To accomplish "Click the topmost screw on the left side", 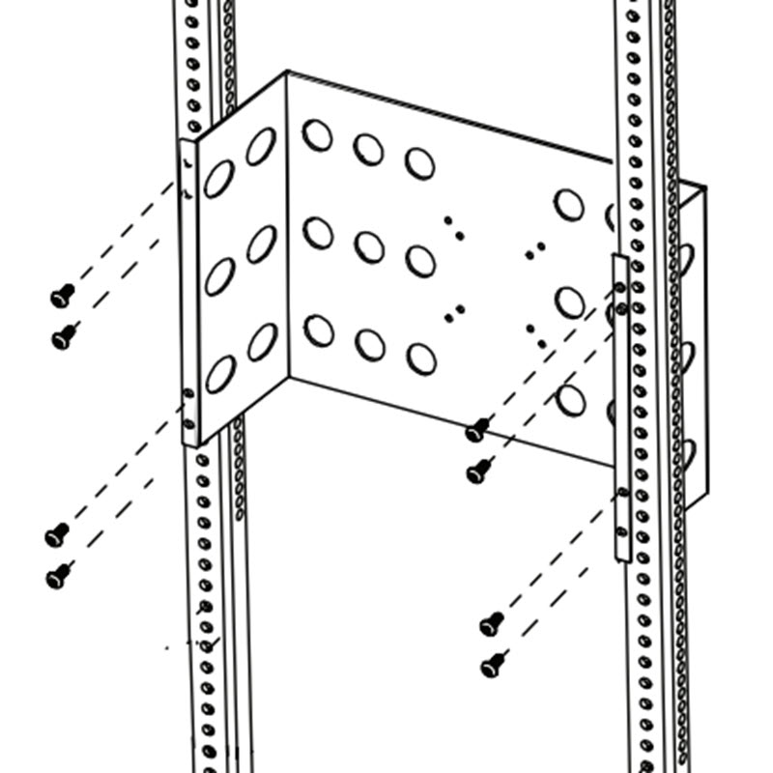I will pyautogui.click(x=62, y=296).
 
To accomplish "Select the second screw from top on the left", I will pyautogui.click(x=64, y=336).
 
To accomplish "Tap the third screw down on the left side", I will pyautogui.click(x=57, y=533).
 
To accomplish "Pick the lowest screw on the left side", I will pyautogui.click(x=58, y=576).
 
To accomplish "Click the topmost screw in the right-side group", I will pyautogui.click(x=476, y=430).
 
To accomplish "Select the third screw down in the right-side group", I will pyautogui.click(x=491, y=624).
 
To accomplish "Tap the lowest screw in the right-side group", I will pyautogui.click(x=494, y=665).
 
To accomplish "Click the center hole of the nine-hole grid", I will pyautogui.click(x=369, y=246).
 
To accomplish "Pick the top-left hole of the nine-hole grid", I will pyautogui.click(x=317, y=134).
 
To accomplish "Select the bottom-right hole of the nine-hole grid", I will pyautogui.click(x=421, y=358).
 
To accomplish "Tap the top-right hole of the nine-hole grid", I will pyautogui.click(x=419, y=163).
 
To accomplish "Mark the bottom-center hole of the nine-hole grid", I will pyautogui.click(x=369, y=345).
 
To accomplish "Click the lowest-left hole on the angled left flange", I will pyautogui.click(x=219, y=374).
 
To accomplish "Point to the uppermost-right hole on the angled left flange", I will pyautogui.click(x=260, y=146).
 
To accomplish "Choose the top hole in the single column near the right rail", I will pyautogui.click(x=569, y=205).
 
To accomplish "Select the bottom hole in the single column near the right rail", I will pyautogui.click(x=570, y=399).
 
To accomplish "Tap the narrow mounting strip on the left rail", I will pyautogui.click(x=190, y=290).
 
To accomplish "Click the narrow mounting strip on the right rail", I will pyautogui.click(x=622, y=406).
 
